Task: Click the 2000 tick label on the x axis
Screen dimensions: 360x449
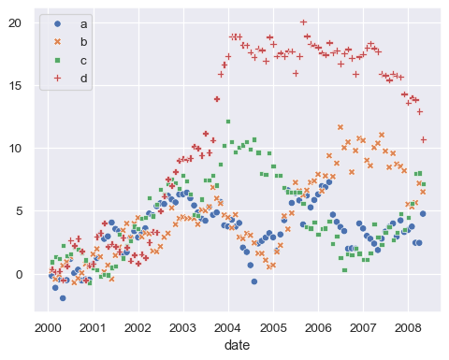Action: point(47,328)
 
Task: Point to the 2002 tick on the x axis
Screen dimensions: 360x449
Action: point(138,328)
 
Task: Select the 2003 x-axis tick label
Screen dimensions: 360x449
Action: point(182,328)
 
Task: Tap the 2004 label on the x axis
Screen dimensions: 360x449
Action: point(227,328)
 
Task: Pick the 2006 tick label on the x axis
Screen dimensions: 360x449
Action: point(318,328)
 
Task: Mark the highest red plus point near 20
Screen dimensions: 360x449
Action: point(303,22)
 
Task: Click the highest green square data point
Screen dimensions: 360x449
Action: point(227,122)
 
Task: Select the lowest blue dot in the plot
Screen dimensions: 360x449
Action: point(63,297)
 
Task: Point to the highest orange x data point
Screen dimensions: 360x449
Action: point(340,127)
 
